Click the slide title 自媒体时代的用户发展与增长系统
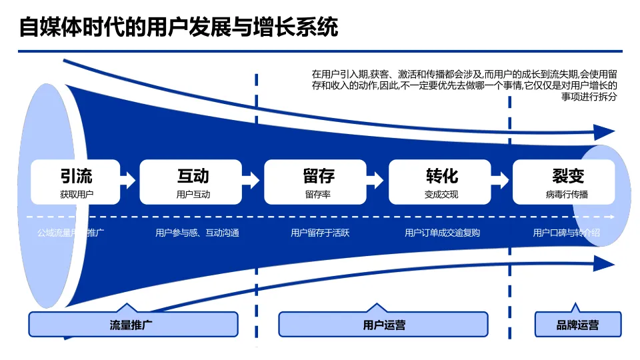tap(178, 28)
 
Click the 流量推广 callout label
tap(133, 325)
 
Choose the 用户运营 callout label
tap(383, 325)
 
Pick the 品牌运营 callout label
tap(577, 325)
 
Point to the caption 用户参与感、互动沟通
tap(197, 233)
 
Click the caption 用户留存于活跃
tap(320, 233)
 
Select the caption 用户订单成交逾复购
tap(442, 233)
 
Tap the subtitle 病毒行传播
tap(567, 195)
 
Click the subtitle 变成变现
tap(441, 195)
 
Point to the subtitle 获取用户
tap(76, 195)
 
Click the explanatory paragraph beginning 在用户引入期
tap(465, 85)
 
